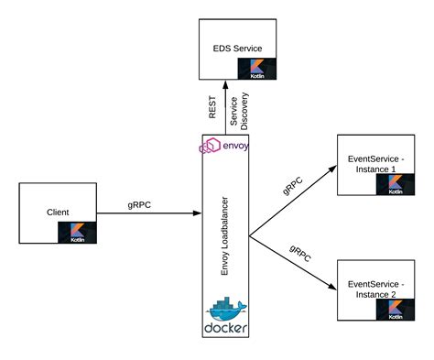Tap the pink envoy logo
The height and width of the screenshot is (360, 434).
pyautogui.click(x=226, y=145)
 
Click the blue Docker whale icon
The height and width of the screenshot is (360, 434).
pyautogui.click(x=226, y=308)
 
